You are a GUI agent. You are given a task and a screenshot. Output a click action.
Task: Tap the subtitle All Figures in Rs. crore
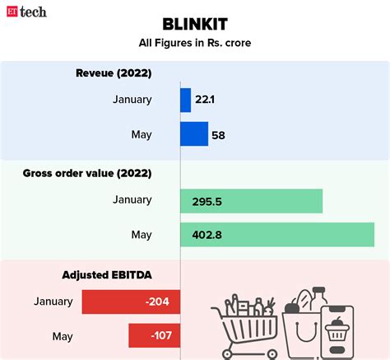[x=195, y=43]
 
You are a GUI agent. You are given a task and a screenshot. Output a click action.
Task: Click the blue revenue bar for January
[x=185, y=100]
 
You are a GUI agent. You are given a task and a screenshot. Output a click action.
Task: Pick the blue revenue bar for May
[x=194, y=134]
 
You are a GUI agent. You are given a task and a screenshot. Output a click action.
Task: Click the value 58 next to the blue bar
[x=218, y=135]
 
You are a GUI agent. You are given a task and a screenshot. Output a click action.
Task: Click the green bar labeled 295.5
[x=251, y=200]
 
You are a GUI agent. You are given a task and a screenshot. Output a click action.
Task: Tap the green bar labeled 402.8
[x=272, y=235]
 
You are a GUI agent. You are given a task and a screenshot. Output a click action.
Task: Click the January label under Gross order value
[x=132, y=200]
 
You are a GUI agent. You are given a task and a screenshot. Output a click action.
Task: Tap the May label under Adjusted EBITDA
[x=62, y=336]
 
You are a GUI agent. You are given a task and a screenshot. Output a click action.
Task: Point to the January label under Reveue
[x=132, y=100]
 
